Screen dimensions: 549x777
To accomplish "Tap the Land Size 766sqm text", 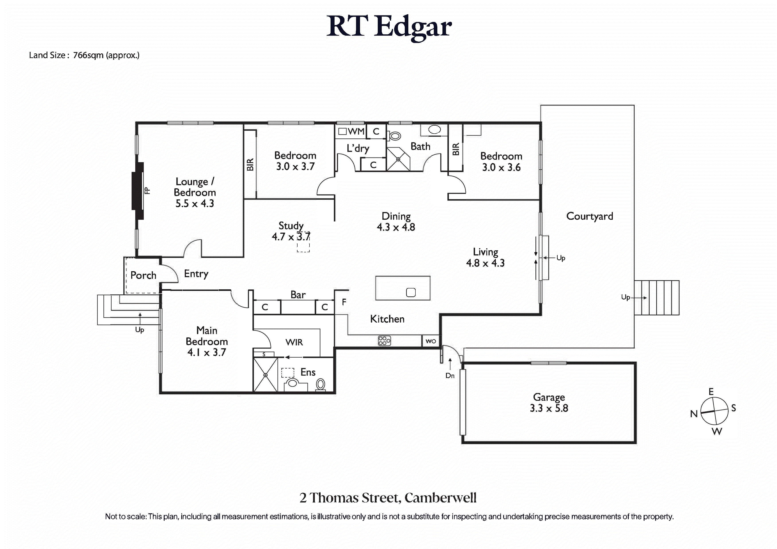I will (84, 55).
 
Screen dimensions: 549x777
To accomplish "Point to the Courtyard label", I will (590, 216).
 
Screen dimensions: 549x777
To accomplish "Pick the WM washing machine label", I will (356, 131).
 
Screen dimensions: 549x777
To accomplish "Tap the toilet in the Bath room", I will (394, 136).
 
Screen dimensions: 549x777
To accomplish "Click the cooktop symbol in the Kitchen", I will (384, 341).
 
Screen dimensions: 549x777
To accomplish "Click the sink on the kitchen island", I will (411, 292).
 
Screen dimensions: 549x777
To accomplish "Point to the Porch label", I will (143, 275).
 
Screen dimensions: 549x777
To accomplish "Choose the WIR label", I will (294, 342).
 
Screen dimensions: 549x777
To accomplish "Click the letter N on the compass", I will (694, 414).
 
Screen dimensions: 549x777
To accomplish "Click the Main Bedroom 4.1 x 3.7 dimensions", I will (206, 352).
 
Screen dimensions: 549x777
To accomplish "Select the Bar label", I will (298, 295).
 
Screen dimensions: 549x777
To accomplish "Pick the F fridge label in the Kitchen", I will (344, 302).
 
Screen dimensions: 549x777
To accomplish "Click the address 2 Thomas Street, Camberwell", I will (388, 498).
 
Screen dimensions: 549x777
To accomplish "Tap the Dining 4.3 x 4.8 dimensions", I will (396, 227).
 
